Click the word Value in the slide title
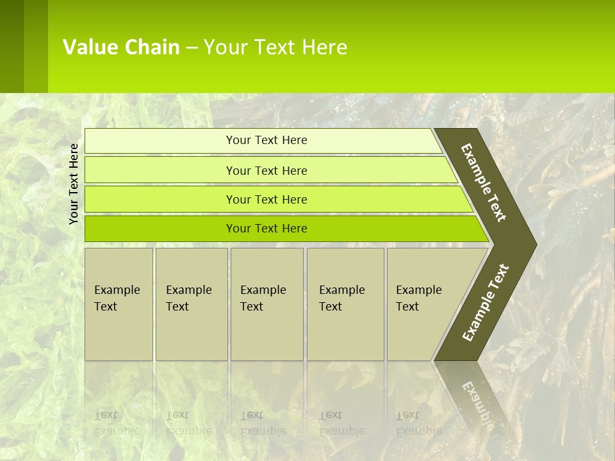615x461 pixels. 88,47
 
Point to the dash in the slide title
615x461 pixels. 192,48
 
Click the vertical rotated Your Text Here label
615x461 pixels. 74,184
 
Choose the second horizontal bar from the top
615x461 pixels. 266,170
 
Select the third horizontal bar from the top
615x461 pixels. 266,199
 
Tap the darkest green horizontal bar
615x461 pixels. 266,229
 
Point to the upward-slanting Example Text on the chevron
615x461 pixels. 486,302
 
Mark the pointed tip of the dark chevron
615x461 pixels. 534,244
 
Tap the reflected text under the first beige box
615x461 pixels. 117,423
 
